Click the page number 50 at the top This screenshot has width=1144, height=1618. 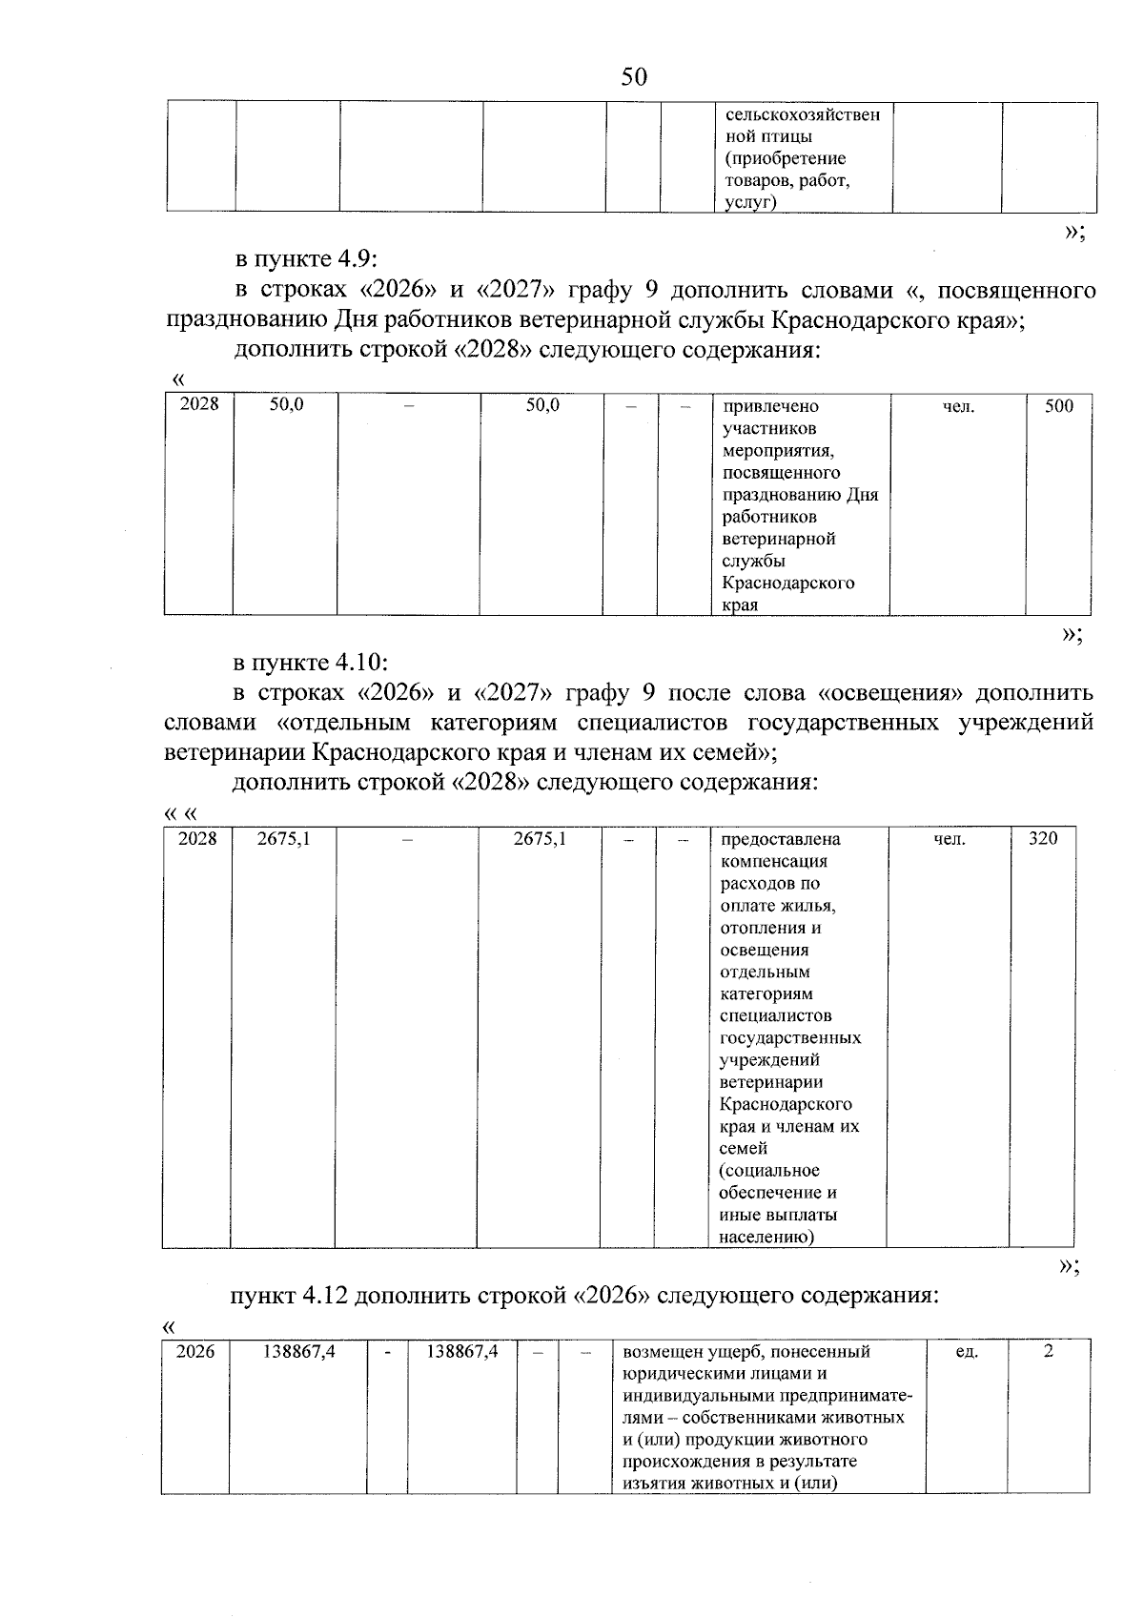633,77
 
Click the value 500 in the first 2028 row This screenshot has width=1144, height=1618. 1058,406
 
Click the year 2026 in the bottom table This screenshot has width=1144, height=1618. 195,1352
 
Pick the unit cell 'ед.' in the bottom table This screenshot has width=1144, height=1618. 966,1352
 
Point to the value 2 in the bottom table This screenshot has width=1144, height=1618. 1049,1352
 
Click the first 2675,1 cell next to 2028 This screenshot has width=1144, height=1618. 283,839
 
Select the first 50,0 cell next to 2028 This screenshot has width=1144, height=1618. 286,404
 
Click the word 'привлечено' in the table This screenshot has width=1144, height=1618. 770,407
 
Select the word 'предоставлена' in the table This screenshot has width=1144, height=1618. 781,840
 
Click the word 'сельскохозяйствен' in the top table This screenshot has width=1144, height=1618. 803,115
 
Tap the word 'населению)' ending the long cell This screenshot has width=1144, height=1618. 766,1238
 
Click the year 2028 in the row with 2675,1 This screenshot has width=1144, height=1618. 197,839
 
